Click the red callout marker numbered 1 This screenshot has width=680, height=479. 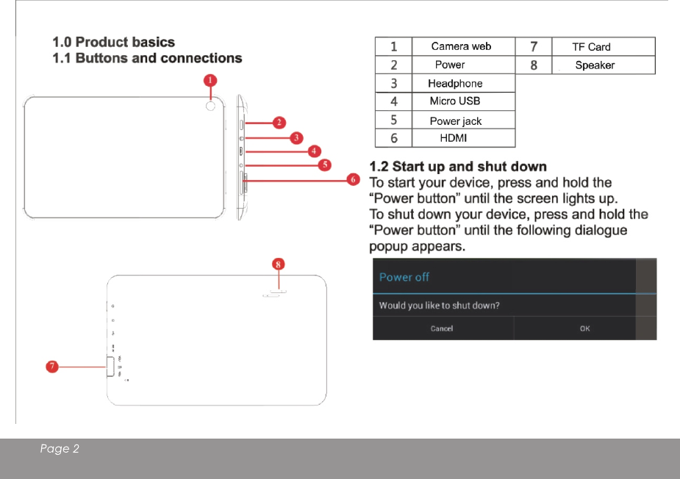210,79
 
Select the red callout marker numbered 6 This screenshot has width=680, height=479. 354,179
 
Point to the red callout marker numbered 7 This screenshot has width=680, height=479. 52,367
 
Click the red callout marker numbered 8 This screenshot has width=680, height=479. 279,262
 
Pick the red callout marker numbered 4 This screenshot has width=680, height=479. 314,151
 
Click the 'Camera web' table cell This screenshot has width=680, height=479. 461,46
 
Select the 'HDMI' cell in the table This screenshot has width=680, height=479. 454,138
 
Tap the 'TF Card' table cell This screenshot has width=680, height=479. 591,47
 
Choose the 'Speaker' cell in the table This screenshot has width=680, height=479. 595,65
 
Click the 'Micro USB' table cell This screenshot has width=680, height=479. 455,101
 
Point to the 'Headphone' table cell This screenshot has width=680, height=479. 455,84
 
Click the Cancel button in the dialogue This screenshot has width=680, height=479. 442,328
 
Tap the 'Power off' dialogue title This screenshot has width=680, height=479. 404,277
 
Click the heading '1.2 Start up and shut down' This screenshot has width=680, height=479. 458,167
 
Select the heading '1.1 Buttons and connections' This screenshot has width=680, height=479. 148,58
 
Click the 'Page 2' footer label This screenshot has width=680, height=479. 60,449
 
